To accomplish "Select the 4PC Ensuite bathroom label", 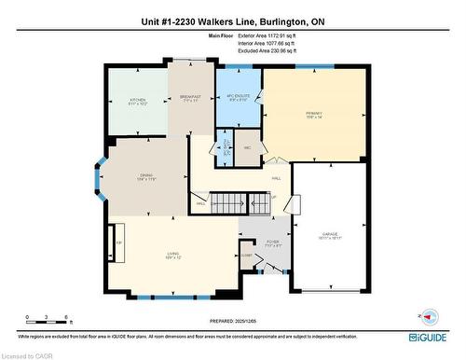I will pos(237,98).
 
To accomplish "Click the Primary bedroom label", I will pos(312,115).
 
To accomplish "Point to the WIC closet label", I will pos(247,147).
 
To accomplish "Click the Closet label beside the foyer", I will pos(246,255).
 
